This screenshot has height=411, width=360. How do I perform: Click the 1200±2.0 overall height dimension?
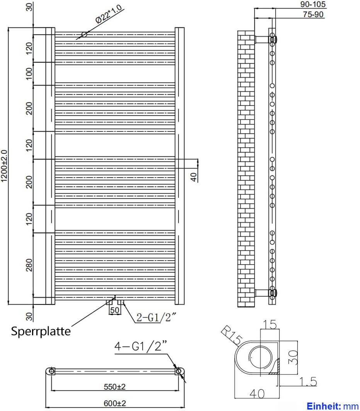[4, 166]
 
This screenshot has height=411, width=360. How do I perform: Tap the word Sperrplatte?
[41, 331]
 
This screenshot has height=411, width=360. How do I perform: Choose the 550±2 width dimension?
[114, 386]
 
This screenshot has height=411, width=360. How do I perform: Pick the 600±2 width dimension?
[114, 403]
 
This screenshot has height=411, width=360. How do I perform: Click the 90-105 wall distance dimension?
[313, 4]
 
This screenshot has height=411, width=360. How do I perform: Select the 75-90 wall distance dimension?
[313, 15]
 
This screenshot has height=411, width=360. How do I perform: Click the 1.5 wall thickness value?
[308, 382]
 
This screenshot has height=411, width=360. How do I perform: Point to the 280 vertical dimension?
[29, 265]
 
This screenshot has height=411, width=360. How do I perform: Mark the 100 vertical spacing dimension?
[29, 73]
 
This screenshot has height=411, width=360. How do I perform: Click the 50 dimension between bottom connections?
[115, 310]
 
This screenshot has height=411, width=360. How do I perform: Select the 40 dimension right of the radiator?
[194, 177]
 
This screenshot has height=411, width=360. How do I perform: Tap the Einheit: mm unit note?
[333, 406]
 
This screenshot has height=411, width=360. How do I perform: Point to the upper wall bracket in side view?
[262, 39]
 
